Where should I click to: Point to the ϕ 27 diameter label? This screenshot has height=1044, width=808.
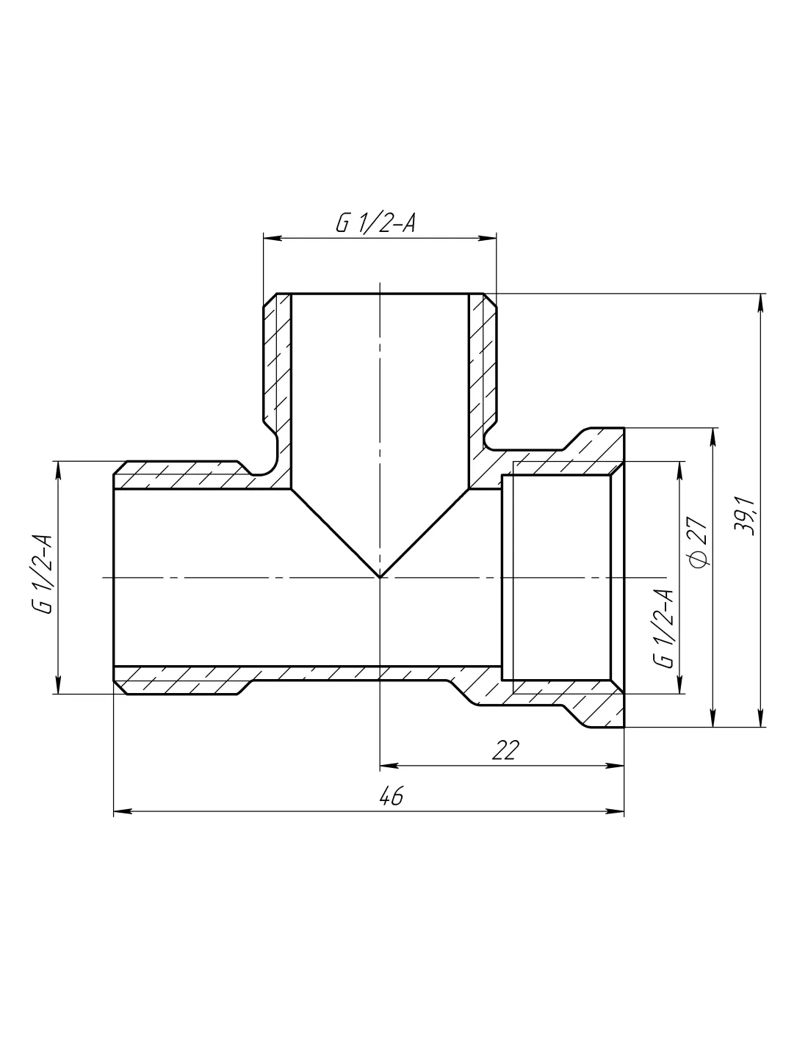click(x=699, y=542)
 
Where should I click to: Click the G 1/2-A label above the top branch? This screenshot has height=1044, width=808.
click(x=375, y=223)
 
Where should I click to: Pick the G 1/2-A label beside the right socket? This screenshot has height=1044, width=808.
click(x=663, y=628)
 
